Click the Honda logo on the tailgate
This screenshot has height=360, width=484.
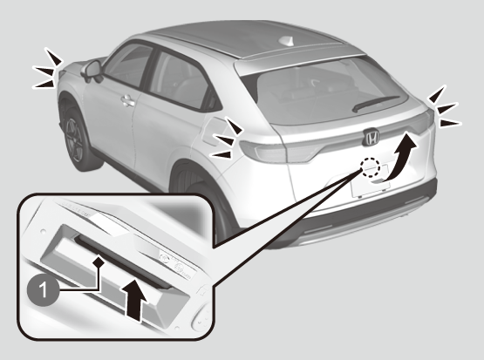click(372, 137)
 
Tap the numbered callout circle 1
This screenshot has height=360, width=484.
click(43, 290)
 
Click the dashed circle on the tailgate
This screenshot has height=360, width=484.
click(371, 167)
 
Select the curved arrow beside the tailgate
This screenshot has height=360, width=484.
click(400, 157)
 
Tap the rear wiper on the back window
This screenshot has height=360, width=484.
click(374, 103)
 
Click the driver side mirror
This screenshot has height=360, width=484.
click(92, 71)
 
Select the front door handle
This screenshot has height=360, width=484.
click(128, 101)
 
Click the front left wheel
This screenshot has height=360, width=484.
click(76, 139)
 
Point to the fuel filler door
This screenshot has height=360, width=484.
click(212, 132)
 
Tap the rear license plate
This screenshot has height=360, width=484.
click(371, 184)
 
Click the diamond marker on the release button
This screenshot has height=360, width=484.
click(99, 262)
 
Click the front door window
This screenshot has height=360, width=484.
click(127, 65)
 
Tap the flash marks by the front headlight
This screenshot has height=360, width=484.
click(47, 69)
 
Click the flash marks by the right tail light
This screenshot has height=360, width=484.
click(444, 108)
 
